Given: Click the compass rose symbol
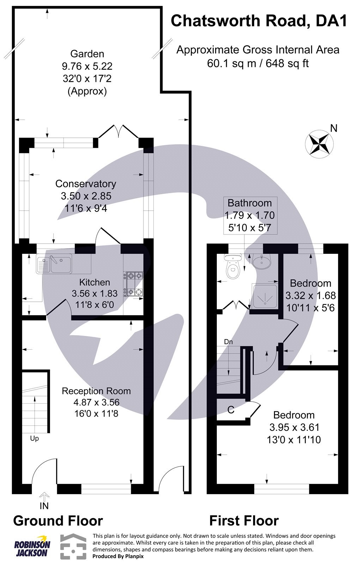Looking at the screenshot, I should point(319,143).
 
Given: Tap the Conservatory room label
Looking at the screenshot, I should point(86,184).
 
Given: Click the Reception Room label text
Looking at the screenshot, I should point(96,391).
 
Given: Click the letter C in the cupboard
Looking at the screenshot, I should point(231,410).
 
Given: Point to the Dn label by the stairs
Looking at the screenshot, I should point(228,342).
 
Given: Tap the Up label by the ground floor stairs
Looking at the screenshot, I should point(34,439).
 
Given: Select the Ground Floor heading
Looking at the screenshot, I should point(58,521).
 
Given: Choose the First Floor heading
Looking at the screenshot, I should point(244,521).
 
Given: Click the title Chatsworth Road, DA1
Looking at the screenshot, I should point(259,21).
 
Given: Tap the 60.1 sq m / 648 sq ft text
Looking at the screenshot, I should point(258,63).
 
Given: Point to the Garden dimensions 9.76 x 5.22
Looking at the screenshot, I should point(87,66).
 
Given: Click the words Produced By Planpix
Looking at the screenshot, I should point(118,556).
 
